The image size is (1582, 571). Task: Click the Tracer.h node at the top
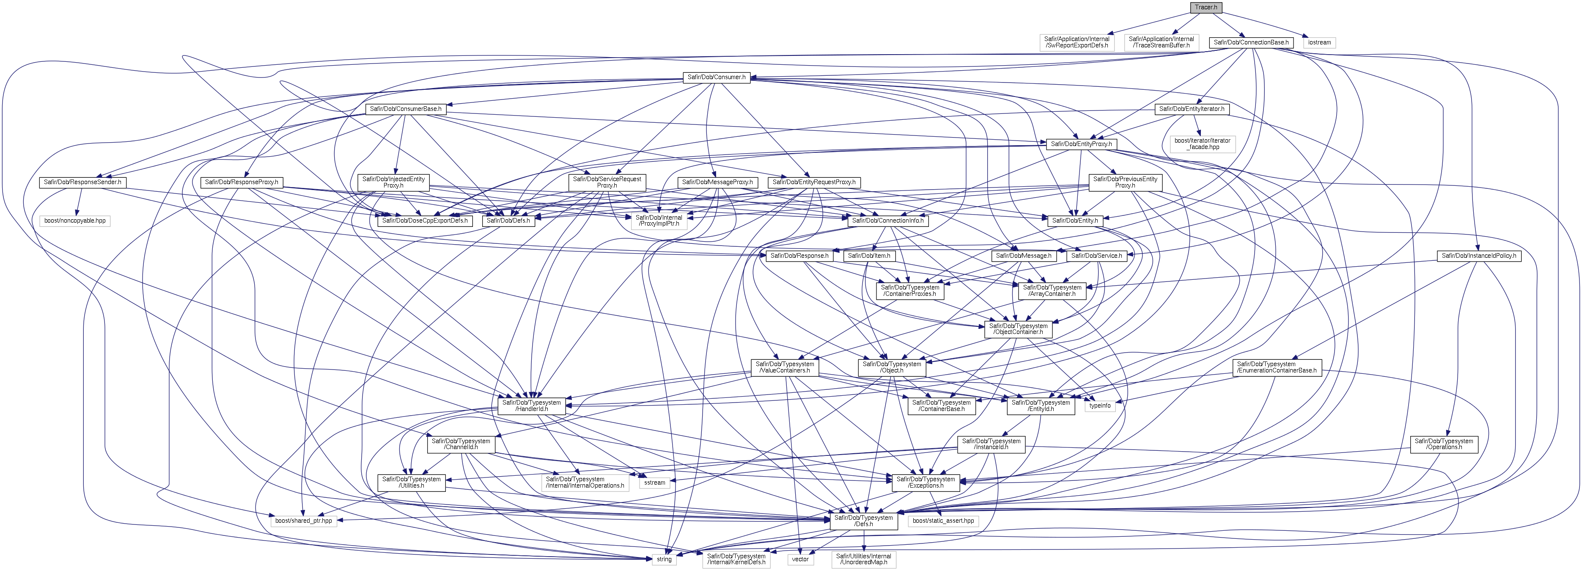point(1206,7)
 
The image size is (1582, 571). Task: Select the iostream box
point(1319,42)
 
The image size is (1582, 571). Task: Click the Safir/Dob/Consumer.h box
point(716,77)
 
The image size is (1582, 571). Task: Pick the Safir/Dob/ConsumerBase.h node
point(405,109)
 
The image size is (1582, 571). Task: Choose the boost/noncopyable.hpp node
point(75,221)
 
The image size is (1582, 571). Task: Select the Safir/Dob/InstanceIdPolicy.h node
point(1479,256)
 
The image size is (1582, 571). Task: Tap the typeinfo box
point(1100,405)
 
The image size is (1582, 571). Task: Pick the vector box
point(800,559)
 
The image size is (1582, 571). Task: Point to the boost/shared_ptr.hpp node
point(303,521)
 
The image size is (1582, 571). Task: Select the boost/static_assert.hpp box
point(943,521)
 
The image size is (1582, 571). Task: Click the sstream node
point(655,483)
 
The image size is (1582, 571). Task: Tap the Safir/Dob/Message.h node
point(1024,256)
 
